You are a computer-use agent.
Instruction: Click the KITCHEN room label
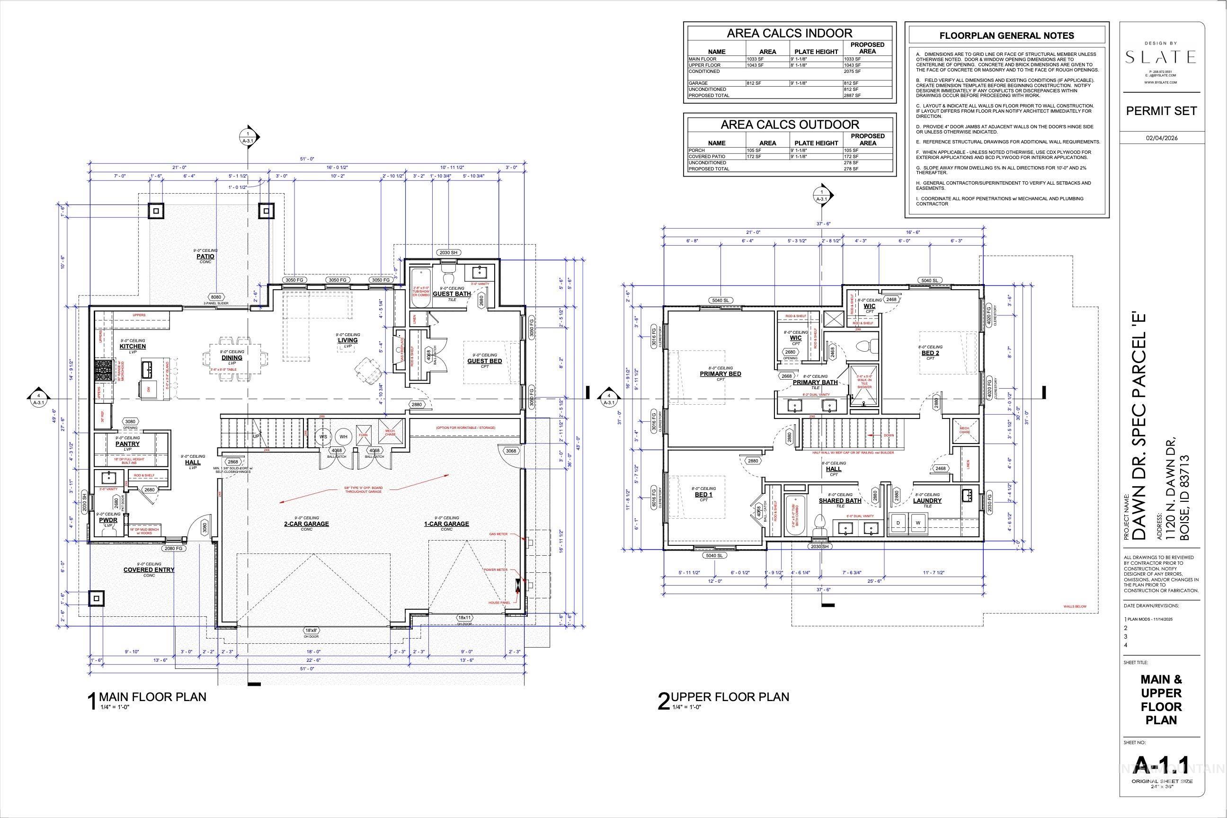pyautogui.click(x=133, y=347)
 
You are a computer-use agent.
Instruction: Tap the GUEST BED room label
pyautogui.click(x=484, y=361)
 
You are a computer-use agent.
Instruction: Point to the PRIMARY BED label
pyautogui.click(x=720, y=373)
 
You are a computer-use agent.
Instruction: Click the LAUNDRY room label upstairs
pyautogui.click(x=927, y=501)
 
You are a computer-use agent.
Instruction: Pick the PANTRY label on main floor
pyautogui.click(x=127, y=444)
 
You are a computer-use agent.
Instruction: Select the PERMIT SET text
pyautogui.click(x=1160, y=111)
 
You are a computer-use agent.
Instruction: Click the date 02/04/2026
pyautogui.click(x=1161, y=138)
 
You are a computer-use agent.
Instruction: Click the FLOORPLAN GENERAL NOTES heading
pyautogui.click(x=1006, y=36)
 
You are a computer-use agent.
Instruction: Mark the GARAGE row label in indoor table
pyautogui.click(x=698, y=83)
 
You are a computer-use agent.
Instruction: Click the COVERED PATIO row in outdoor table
pyautogui.click(x=707, y=157)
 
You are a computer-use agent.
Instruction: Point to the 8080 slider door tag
pyautogui.click(x=215, y=297)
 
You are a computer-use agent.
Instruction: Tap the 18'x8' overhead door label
pyautogui.click(x=311, y=631)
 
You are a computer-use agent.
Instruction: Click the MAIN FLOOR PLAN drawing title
pyautogui.click(x=152, y=697)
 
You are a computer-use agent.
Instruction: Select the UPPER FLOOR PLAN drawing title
pyautogui.click(x=729, y=697)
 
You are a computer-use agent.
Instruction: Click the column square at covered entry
pyautogui.click(x=97, y=598)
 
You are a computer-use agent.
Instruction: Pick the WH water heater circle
pyautogui.click(x=343, y=436)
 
